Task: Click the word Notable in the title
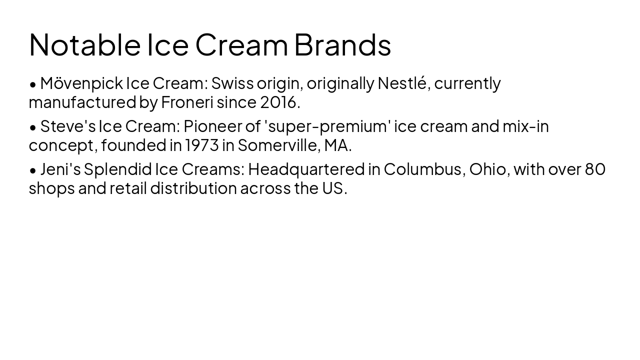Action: tap(84, 44)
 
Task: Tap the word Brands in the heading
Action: tap(342, 44)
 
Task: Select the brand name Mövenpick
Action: tap(81, 83)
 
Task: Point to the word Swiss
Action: tap(232, 83)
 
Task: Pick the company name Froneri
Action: tap(187, 102)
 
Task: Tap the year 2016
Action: tap(278, 102)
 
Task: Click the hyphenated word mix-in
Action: tap(525, 126)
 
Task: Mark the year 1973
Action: tap(201, 145)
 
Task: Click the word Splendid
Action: tap(117, 169)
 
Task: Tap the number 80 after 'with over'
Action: tap(595, 169)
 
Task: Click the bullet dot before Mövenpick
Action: tap(33, 84)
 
